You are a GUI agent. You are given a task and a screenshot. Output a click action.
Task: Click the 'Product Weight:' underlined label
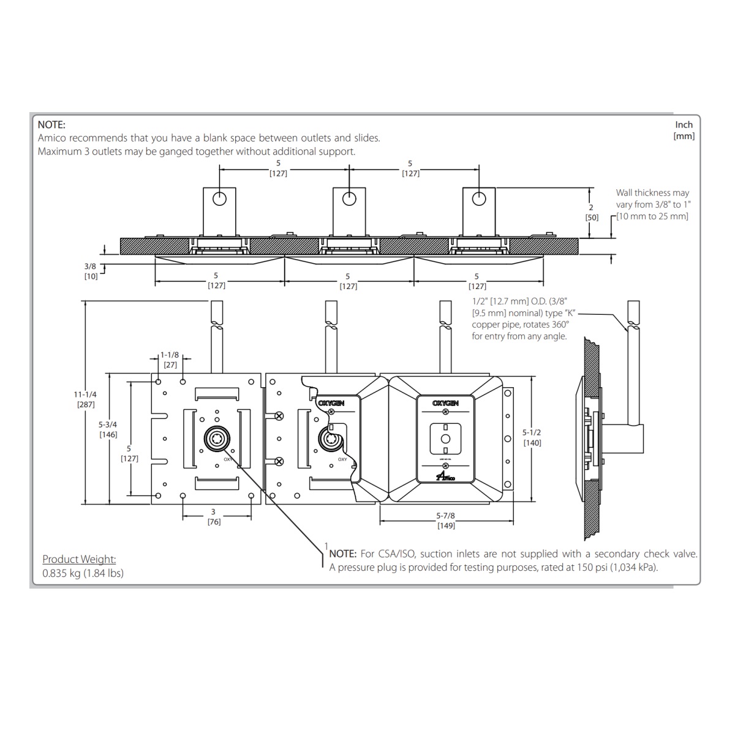tap(79, 559)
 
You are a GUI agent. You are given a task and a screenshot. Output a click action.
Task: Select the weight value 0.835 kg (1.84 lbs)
tap(83, 573)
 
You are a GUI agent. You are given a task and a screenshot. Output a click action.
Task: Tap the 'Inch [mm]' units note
tap(684, 130)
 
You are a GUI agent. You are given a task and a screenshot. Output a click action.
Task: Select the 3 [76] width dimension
tap(213, 516)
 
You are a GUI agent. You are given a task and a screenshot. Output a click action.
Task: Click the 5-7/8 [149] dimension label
tap(445, 521)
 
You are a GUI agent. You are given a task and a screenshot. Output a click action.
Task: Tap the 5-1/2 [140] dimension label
tap(532, 437)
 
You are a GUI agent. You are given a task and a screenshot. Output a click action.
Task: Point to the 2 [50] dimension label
tap(591, 213)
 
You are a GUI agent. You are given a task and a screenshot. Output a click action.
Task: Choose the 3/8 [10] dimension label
tap(91, 271)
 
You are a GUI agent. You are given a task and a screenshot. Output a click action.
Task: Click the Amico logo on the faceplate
tap(445, 477)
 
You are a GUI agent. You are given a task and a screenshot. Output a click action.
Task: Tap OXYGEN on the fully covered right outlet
tap(445, 404)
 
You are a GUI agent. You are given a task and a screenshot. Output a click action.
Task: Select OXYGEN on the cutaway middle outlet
tap(331, 404)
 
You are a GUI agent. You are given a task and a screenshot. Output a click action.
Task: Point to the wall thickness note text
tap(652, 205)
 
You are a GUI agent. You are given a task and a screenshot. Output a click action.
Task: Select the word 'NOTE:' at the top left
tap(51, 125)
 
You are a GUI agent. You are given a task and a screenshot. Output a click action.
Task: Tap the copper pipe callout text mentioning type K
tap(520, 318)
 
